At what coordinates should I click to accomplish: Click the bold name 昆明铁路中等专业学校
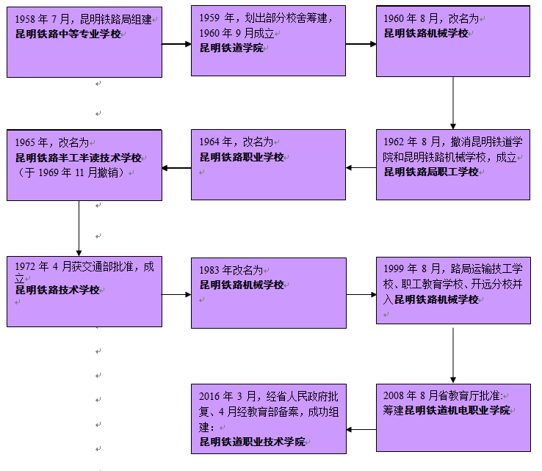(68, 34)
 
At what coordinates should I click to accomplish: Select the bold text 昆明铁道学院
(231, 48)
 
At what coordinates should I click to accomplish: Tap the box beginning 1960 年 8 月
(453, 43)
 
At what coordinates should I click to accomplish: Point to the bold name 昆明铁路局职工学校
(431, 172)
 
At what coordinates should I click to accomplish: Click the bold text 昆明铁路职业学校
(242, 157)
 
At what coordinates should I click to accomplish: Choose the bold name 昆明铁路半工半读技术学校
(79, 158)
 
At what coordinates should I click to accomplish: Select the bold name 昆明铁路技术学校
(58, 290)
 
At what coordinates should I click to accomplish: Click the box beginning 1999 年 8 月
(453, 290)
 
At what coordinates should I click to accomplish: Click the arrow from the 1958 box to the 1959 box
(176, 43)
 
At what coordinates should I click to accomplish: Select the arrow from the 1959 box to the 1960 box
(361, 43)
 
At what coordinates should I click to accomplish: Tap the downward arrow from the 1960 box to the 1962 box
(453, 103)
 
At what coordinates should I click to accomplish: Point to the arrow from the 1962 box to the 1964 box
(361, 168)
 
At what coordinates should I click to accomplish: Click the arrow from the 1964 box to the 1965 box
(176, 168)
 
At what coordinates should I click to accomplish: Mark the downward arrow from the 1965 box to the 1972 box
(79, 228)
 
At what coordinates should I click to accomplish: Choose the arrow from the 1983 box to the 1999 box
(361, 295)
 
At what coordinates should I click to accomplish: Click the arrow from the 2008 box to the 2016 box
(361, 429)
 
